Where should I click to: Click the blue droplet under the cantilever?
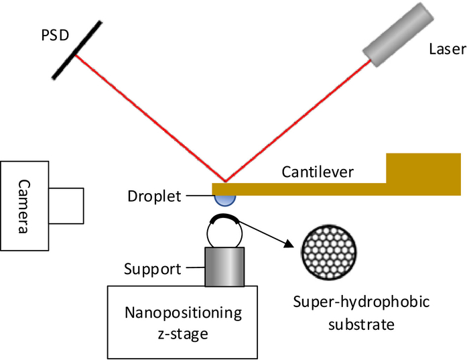tap(224, 198)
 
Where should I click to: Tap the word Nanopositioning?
tap(182, 312)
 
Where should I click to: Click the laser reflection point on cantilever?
tap(226, 182)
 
